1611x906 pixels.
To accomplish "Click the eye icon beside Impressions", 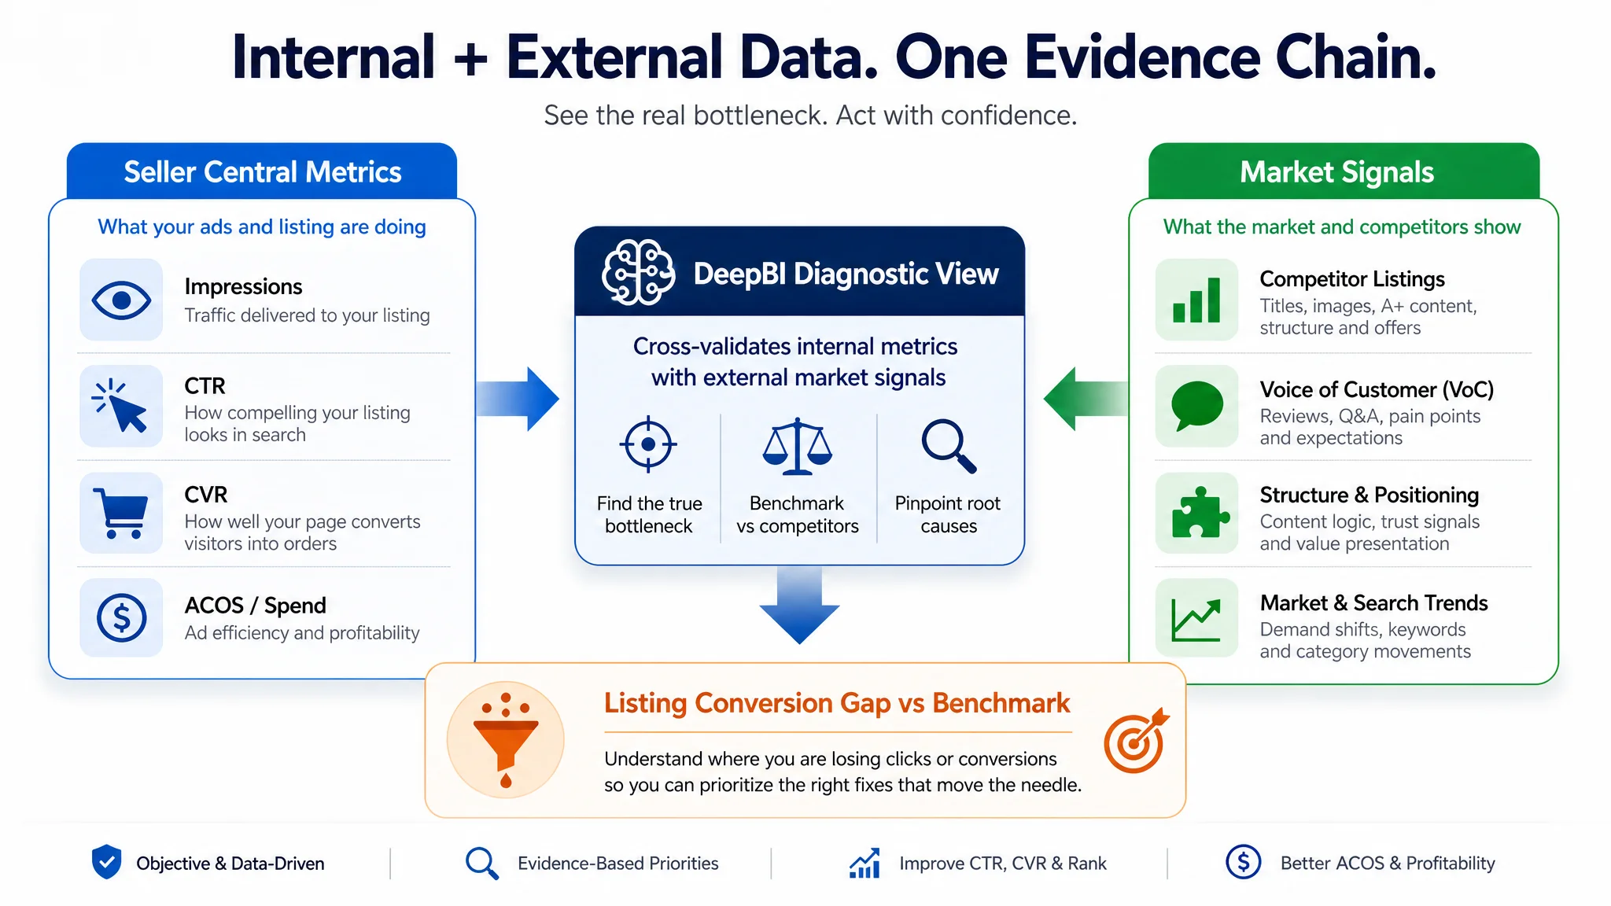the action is [121, 300].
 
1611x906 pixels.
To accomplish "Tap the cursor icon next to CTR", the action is [120, 407].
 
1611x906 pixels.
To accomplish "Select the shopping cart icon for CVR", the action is [120, 513].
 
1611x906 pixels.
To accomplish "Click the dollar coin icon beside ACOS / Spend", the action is [121, 617].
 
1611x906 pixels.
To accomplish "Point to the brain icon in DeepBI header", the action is [638, 272].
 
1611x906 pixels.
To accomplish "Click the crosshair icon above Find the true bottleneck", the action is [648, 444].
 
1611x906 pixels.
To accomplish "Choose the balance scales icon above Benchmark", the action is [797, 446].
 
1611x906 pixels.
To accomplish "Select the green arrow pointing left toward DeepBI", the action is [1086, 399].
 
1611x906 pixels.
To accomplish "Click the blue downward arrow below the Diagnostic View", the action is [799, 605].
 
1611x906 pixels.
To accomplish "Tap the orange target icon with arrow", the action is [1135, 741].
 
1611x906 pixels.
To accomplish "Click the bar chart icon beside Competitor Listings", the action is [1196, 300].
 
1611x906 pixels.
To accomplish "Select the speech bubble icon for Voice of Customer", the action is [1197, 406].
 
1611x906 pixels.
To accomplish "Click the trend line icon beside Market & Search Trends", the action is [1196, 619].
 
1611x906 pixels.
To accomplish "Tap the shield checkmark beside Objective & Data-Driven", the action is [106, 862].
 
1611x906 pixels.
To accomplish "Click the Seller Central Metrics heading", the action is [263, 172].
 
